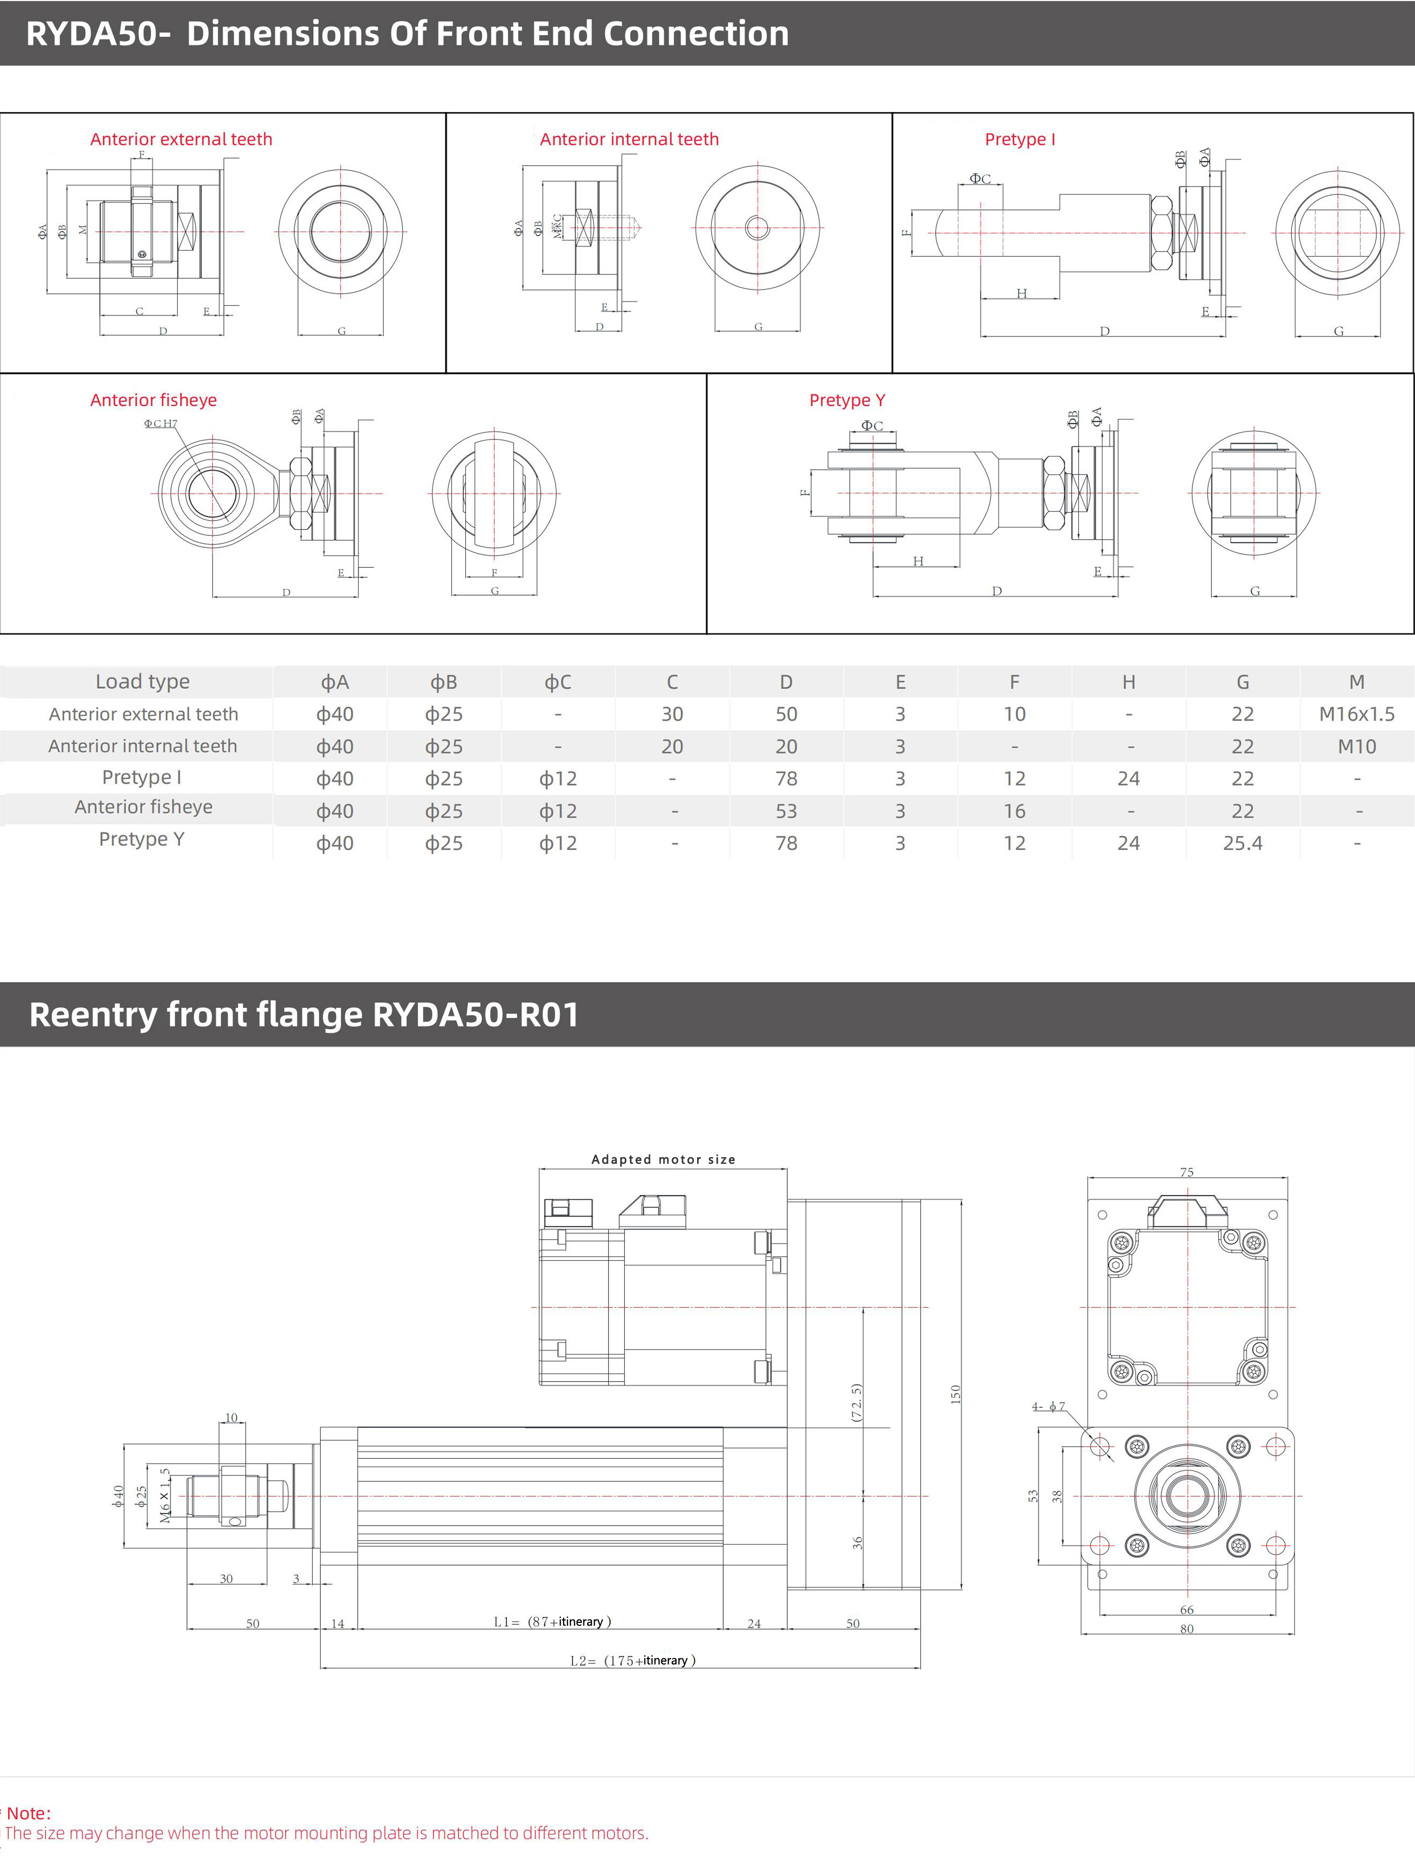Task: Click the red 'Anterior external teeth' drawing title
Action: click(x=181, y=139)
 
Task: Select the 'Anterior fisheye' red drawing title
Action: click(x=153, y=400)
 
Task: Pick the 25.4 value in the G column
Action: click(x=1242, y=843)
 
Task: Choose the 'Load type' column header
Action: click(x=142, y=682)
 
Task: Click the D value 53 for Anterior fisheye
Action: click(x=786, y=811)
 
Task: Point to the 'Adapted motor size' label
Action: click(x=663, y=1159)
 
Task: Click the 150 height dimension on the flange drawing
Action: click(x=955, y=1394)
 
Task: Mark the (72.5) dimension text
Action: click(x=857, y=1403)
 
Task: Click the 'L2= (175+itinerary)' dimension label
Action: click(x=632, y=1660)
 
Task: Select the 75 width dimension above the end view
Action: click(x=1187, y=1172)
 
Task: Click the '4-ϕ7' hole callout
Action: click(x=1048, y=1406)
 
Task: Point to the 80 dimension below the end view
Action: click(x=1187, y=1629)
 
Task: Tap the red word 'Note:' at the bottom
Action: click(x=29, y=1813)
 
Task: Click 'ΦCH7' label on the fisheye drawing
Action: click(x=160, y=424)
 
